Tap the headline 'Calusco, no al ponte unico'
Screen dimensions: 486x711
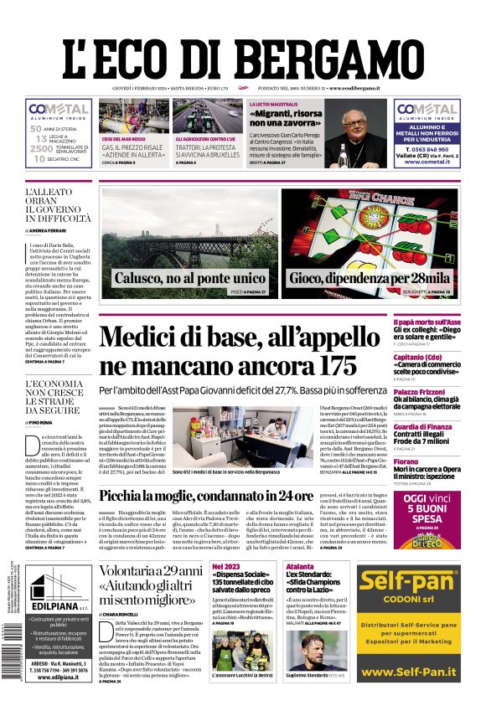coord(189,278)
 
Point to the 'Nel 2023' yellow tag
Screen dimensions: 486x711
coord(226,567)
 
